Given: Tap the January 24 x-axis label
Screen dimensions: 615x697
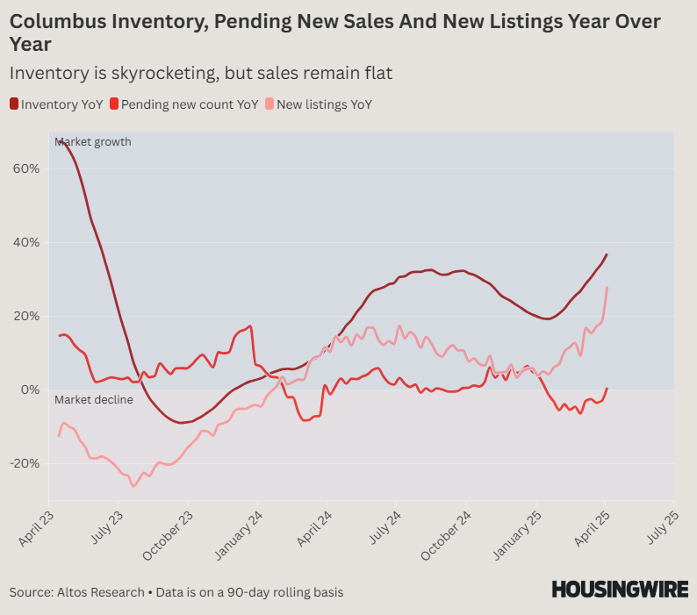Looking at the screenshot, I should tap(239, 532).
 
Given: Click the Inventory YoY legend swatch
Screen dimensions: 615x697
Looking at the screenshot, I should tap(14, 104).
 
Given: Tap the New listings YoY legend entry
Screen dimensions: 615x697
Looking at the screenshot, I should tap(324, 104).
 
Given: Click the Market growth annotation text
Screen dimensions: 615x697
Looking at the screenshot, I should tap(92, 142).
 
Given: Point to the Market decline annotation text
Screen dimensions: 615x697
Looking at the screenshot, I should tap(93, 400).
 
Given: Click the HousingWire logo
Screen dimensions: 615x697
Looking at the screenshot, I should tap(619, 590).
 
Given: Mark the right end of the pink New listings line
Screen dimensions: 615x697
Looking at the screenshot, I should tap(607, 288).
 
